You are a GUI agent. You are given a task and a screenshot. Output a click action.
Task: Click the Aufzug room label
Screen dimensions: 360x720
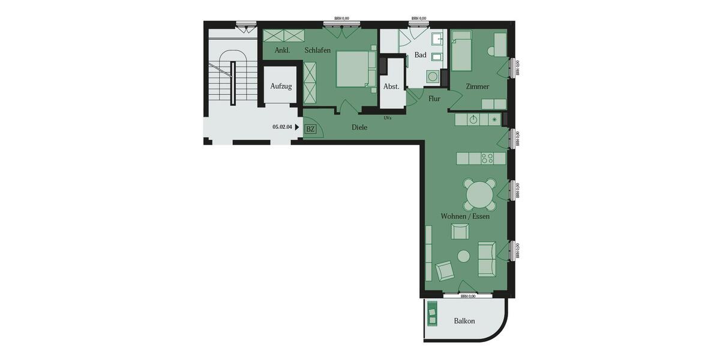(281, 86)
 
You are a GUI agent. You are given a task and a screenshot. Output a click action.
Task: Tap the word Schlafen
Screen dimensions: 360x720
(317, 50)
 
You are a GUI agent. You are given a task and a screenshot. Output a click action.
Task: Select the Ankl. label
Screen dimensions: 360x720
(283, 50)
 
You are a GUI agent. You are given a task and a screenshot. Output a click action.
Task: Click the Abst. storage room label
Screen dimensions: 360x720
(391, 86)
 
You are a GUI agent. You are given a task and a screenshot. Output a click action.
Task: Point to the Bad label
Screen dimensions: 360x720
(421, 55)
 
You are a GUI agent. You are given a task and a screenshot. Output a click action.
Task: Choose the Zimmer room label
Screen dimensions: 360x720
(478, 86)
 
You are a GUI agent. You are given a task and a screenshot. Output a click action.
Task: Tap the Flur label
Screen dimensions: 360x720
(434, 99)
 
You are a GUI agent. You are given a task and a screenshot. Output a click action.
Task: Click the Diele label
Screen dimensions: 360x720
(359, 127)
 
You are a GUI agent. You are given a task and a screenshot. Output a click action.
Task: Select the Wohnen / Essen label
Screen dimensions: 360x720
(465, 216)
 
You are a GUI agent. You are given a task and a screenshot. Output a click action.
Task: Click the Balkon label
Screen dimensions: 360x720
(464, 321)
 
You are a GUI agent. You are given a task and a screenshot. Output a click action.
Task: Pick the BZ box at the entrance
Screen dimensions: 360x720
(310, 129)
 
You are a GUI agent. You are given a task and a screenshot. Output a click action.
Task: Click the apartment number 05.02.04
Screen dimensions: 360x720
(282, 127)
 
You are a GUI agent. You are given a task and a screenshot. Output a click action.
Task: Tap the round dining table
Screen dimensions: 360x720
(479, 194)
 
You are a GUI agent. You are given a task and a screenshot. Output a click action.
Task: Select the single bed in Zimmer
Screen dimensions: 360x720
(463, 55)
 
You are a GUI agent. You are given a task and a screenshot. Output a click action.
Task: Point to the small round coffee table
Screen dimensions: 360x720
(464, 256)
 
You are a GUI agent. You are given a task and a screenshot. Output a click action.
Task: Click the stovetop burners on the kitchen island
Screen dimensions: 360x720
(487, 158)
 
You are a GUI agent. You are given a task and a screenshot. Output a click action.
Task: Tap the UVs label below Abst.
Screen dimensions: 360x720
(388, 118)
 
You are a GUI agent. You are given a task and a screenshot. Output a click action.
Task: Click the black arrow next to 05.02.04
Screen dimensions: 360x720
(297, 127)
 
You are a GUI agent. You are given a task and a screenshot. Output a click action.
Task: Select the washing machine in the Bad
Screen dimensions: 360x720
(432, 77)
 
